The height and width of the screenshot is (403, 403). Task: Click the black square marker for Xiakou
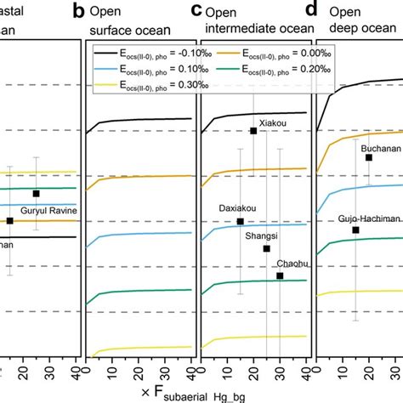(x=253, y=130)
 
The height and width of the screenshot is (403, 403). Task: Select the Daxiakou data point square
(x=240, y=222)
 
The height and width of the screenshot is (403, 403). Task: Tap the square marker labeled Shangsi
(x=267, y=248)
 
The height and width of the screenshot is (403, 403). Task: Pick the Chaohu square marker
(x=280, y=275)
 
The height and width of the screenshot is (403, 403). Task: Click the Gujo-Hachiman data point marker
(x=356, y=230)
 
